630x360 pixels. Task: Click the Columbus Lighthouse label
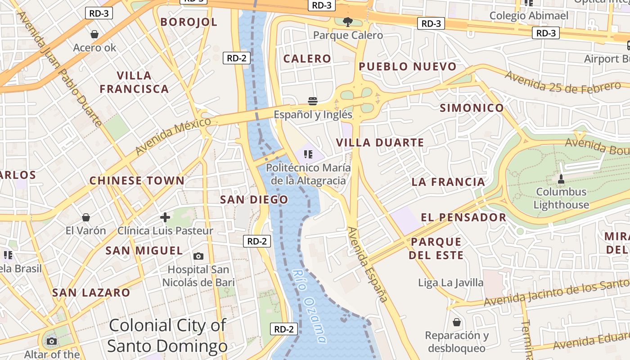(561, 198)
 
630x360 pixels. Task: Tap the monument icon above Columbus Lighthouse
(561, 179)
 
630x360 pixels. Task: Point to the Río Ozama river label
(310, 306)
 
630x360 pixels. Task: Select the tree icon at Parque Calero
(347, 21)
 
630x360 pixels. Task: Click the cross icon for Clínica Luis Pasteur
(165, 218)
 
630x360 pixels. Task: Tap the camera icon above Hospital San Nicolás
(198, 256)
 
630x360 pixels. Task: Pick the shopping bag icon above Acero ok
(94, 34)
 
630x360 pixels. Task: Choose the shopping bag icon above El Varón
(86, 218)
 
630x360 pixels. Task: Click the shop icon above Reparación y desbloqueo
(457, 322)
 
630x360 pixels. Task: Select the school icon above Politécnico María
(308, 155)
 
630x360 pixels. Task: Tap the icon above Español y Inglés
(313, 100)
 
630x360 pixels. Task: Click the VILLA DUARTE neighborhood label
(380, 143)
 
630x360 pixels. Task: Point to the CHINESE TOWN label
(137, 181)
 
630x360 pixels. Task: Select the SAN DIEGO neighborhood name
(254, 200)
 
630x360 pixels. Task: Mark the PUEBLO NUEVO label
(407, 67)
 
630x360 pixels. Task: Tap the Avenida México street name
(173, 135)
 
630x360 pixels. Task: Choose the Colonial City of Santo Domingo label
(167, 336)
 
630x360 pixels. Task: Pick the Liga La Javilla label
(450, 283)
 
